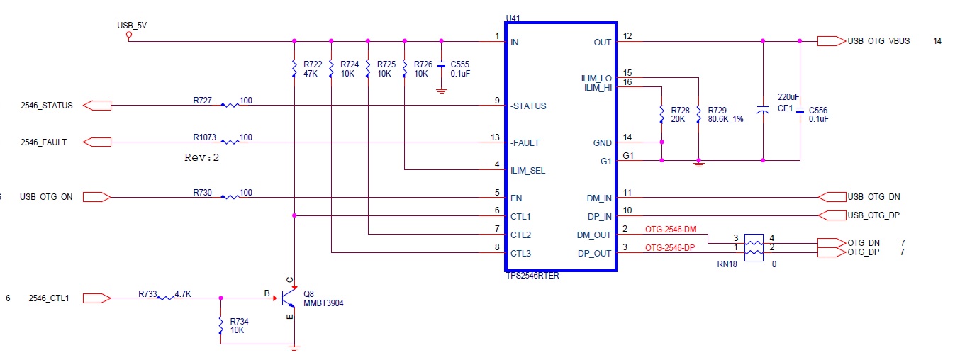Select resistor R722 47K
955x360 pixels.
[294, 69]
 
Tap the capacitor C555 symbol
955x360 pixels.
[441, 65]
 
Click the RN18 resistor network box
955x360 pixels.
[754, 247]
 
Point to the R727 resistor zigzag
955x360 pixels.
[230, 105]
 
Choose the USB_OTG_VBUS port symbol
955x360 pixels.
[832, 41]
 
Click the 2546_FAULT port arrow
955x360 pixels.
[97, 142]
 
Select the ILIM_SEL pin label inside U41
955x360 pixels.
[527, 171]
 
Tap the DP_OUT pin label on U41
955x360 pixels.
[594, 254]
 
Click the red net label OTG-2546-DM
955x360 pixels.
[670, 230]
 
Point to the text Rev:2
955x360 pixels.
[201, 157]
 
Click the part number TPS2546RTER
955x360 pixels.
[532, 276]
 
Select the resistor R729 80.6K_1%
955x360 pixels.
[698, 115]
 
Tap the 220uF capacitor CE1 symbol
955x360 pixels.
[763, 110]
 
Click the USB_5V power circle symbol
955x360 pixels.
[129, 35]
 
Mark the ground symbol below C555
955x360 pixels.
[441, 91]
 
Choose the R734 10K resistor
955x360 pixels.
[220, 326]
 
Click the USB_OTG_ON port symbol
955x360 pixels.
[97, 197]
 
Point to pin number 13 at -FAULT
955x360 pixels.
[495, 137]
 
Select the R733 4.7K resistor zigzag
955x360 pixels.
[166, 298]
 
